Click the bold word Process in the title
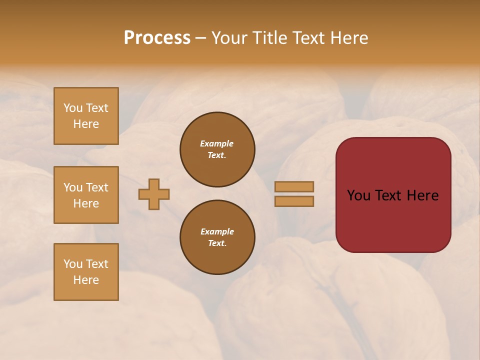tap(157, 38)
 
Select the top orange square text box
tap(86, 116)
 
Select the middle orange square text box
tap(86, 195)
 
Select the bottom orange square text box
tap(86, 272)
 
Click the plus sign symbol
tap(154, 194)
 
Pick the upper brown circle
tap(217, 149)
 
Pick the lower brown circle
tap(217, 237)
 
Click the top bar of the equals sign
tap(294, 187)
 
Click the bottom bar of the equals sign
tap(294, 201)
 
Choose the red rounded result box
tap(393, 220)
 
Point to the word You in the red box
tap(358, 195)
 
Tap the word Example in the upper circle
tap(216, 143)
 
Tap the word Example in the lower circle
tap(217, 231)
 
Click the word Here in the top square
tap(86, 124)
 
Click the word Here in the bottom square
tap(86, 280)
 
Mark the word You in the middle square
tap(73, 187)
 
